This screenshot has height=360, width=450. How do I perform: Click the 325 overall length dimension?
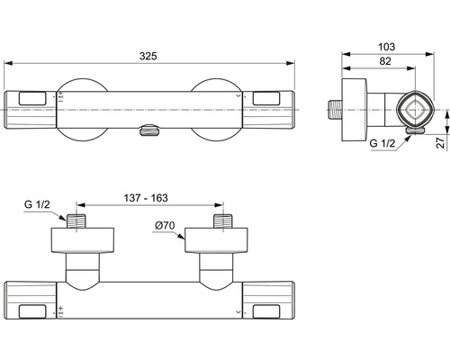[x=148, y=56]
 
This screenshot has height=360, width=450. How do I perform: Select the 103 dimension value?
[x=386, y=47]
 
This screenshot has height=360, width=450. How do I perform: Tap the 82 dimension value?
[x=385, y=61]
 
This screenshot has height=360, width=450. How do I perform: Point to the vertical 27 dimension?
[x=440, y=142]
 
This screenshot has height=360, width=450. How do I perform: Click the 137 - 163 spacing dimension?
[x=146, y=198]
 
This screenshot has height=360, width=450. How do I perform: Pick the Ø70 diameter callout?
[x=165, y=225]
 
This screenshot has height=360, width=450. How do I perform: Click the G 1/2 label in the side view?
[x=382, y=143]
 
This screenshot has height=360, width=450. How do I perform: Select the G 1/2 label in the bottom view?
[x=37, y=204]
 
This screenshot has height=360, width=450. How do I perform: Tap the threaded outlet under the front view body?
[x=149, y=130]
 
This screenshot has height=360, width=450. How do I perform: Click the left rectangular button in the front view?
[x=32, y=99]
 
